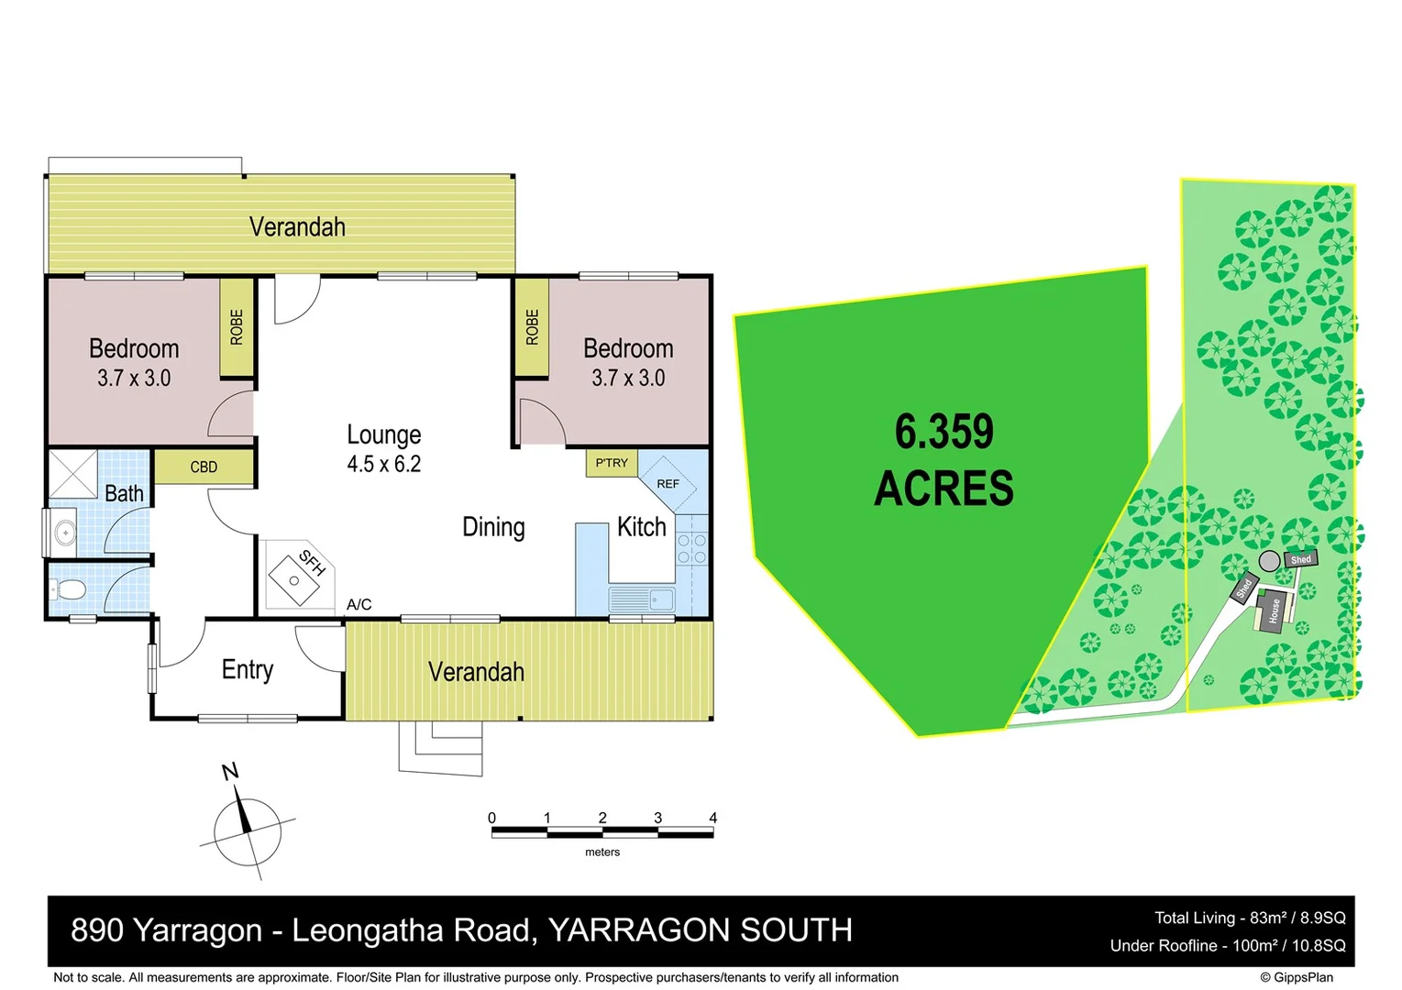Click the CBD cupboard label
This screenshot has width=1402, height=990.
204,467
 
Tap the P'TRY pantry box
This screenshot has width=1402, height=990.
612,463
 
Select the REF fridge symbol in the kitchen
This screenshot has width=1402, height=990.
668,483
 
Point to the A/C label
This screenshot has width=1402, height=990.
359,604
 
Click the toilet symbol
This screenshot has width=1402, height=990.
71,588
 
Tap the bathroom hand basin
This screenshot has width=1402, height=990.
64,532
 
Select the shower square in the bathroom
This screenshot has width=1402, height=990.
72,473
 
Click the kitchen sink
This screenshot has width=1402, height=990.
642,600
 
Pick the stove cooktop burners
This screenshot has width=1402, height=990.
691,548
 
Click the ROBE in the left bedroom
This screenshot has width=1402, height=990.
237,327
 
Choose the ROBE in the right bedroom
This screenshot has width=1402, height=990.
532,327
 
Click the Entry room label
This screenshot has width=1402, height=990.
248,669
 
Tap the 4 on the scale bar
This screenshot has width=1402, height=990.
712,818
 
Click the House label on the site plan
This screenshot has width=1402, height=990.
1274,611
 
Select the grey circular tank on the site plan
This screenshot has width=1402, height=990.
1269,561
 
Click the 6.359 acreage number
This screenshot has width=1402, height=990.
944,432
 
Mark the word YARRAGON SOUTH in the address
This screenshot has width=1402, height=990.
700,929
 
